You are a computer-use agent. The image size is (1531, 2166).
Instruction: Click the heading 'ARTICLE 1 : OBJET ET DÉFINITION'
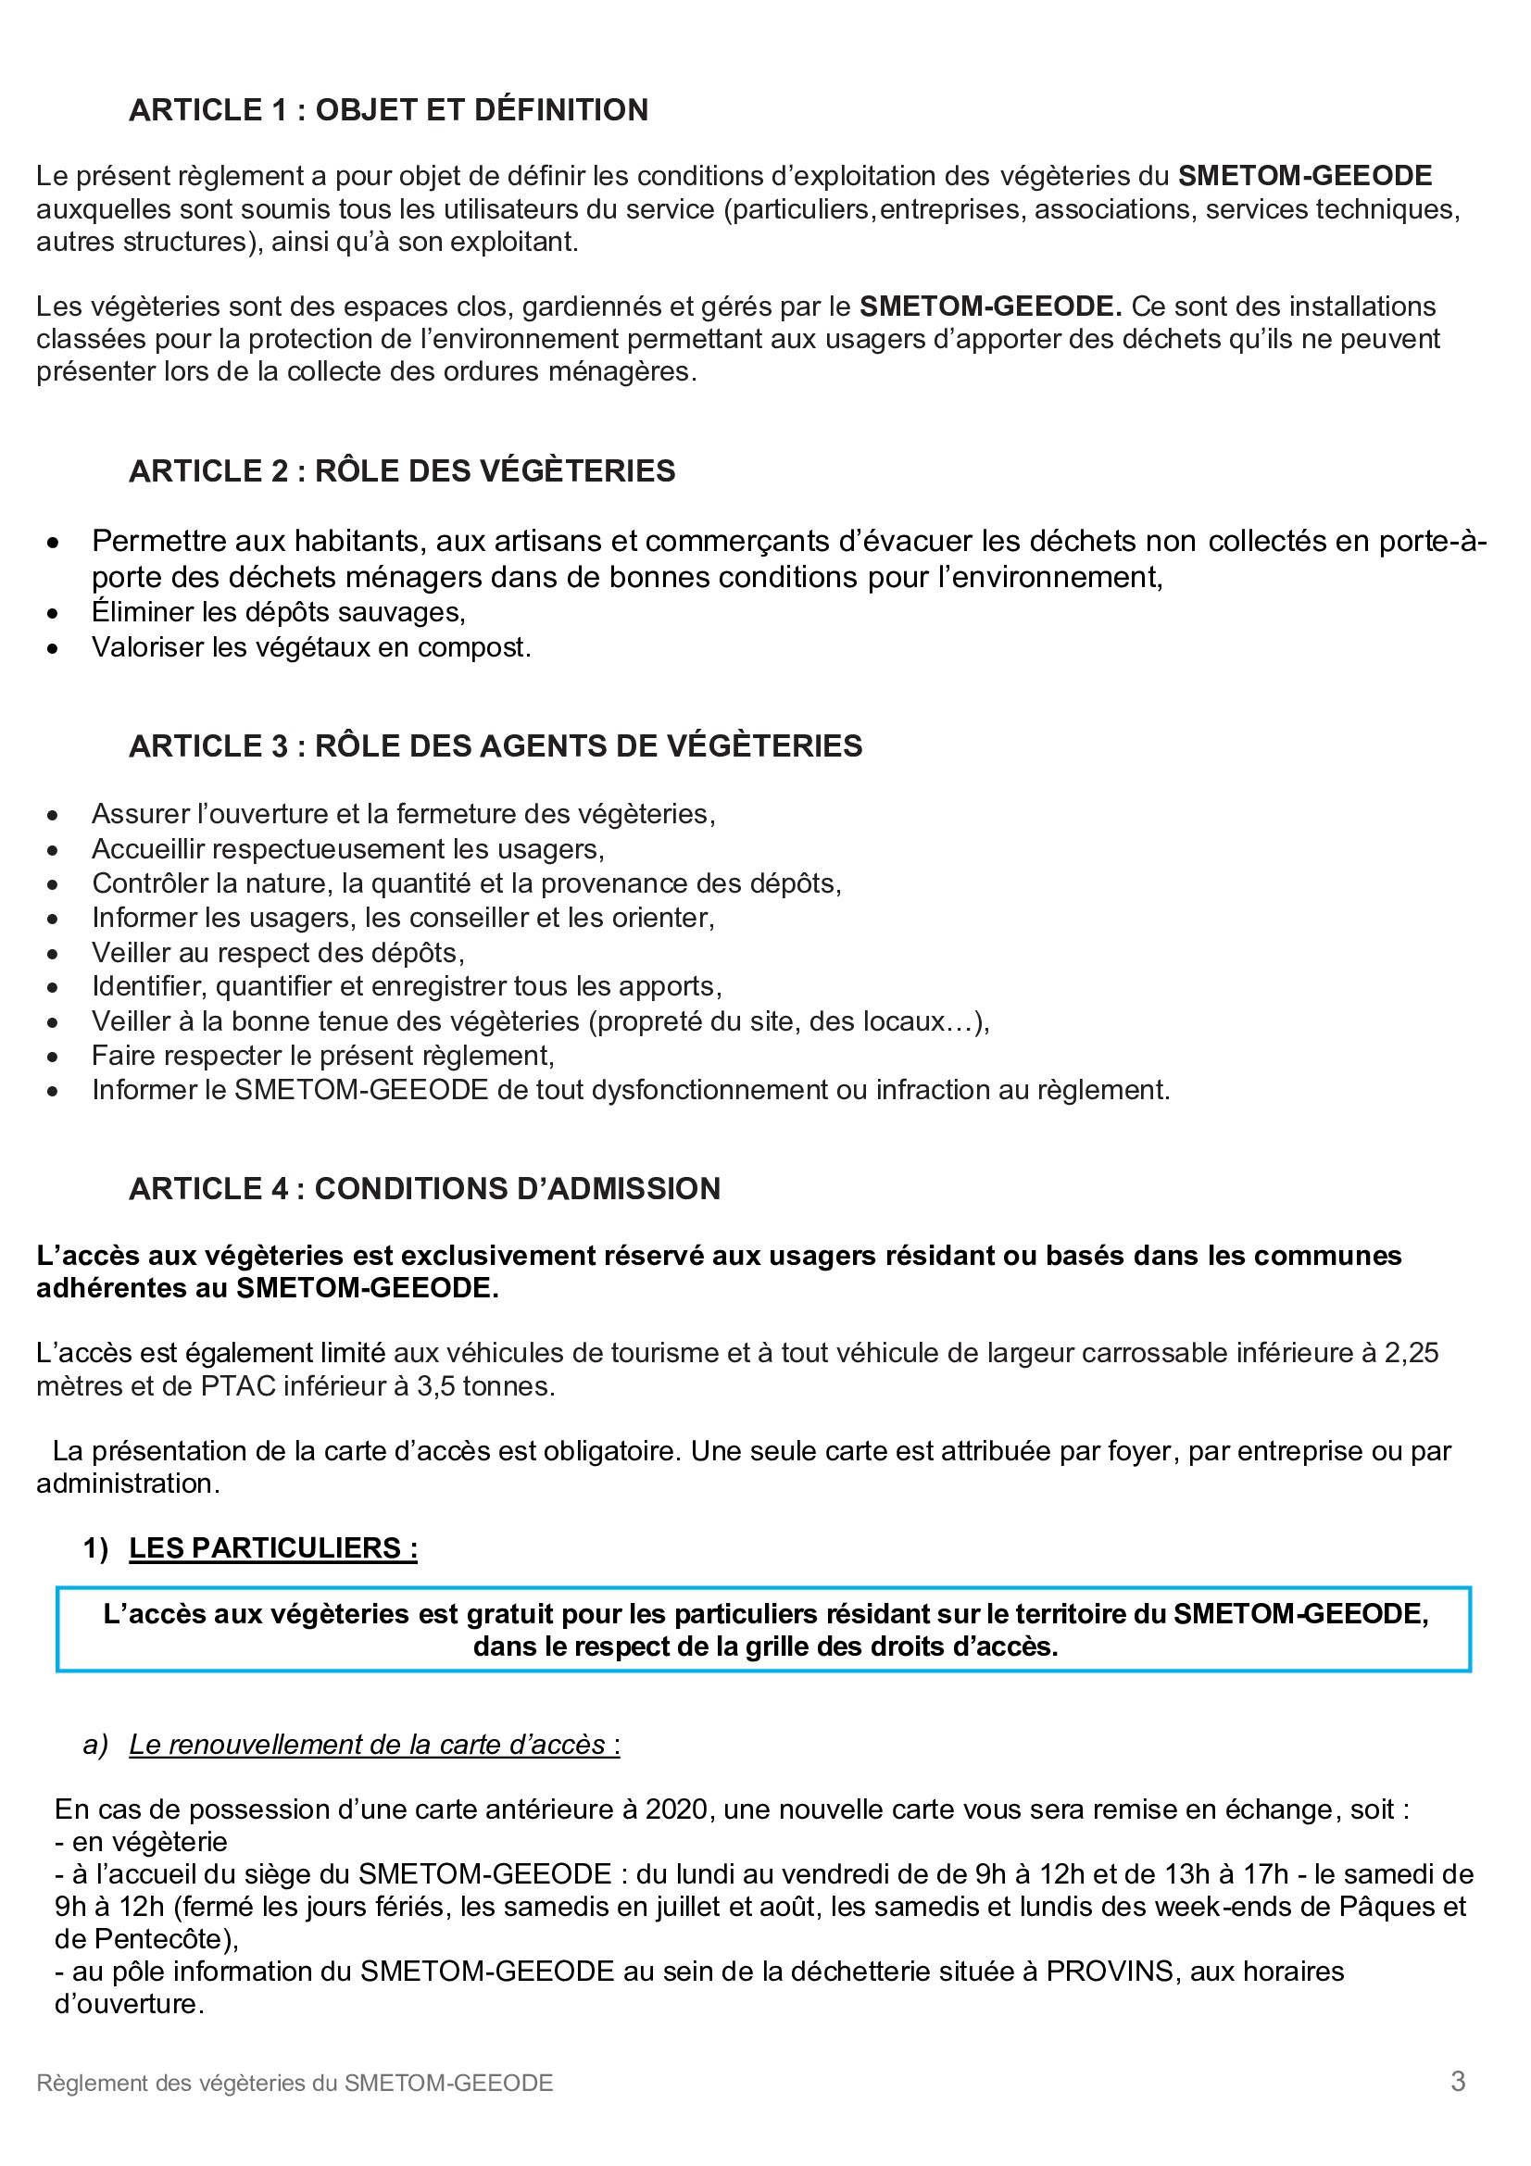pos(388,110)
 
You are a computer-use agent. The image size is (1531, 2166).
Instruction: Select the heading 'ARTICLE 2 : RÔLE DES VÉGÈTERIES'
pos(402,470)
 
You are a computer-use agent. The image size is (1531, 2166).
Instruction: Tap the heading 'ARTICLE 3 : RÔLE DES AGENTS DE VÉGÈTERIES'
pos(496,745)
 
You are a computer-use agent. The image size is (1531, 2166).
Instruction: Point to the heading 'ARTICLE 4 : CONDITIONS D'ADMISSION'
pos(424,1189)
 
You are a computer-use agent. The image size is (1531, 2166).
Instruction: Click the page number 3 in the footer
pos(1458,2081)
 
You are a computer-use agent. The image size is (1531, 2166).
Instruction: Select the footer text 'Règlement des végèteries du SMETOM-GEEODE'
pos(295,2083)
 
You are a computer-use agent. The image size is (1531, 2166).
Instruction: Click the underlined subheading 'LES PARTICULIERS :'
pos(272,1548)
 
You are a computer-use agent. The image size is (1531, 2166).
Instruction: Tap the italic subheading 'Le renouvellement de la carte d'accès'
pos(368,1745)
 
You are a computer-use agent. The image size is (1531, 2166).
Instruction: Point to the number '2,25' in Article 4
pos(1412,1353)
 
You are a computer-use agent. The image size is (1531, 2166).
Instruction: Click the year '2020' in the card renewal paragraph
pos(676,1809)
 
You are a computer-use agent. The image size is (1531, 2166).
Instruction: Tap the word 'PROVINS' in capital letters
pos(1110,1972)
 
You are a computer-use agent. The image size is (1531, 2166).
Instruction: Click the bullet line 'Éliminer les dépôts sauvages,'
pos(278,612)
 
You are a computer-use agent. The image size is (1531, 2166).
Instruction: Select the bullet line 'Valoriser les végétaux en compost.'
pos(311,647)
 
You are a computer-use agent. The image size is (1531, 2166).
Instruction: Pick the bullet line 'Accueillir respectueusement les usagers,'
pos(347,849)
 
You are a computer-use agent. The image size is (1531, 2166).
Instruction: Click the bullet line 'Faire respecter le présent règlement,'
pos(322,1056)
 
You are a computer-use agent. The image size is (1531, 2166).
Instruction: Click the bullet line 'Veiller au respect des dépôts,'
pos(277,953)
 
